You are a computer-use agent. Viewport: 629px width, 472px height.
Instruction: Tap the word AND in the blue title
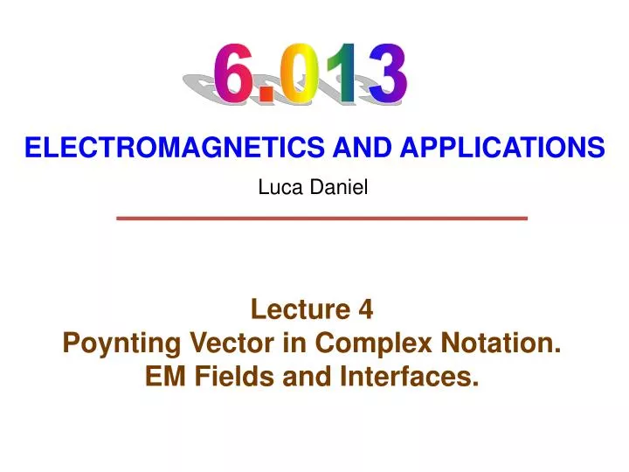[x=353, y=149]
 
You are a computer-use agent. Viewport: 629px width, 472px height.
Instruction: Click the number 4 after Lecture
[x=365, y=309]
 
